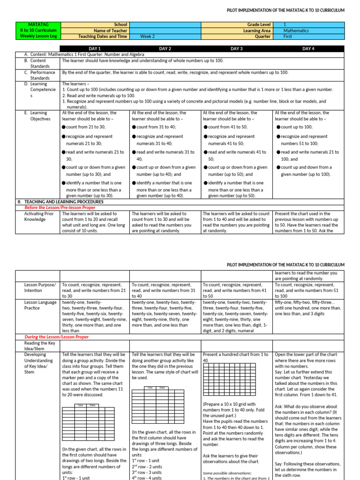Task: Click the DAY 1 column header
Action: (x=95, y=48)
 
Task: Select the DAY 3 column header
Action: (x=237, y=48)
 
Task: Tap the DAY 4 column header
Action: (x=308, y=48)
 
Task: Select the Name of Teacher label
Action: (x=110, y=30)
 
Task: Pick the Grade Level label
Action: (x=258, y=24)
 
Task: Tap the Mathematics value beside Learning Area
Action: (x=297, y=30)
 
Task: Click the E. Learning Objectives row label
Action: (x=38, y=116)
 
